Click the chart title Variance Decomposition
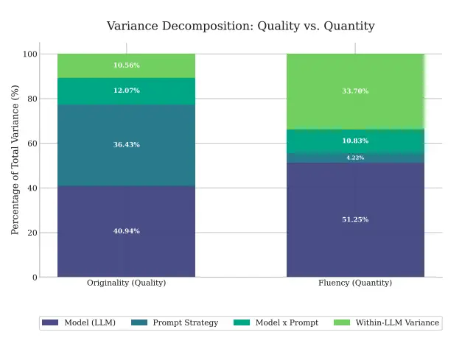240,27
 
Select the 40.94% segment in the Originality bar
126,231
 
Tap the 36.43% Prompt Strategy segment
126,145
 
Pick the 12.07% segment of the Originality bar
126,91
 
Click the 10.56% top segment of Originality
126,66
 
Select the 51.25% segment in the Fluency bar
355,219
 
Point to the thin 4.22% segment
355,158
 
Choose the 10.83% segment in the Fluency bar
355,141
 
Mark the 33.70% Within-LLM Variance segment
355,91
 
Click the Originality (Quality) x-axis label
126,283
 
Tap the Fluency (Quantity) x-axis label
355,283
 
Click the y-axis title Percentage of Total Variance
15,160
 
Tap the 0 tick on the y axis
34,278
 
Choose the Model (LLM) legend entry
80,322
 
